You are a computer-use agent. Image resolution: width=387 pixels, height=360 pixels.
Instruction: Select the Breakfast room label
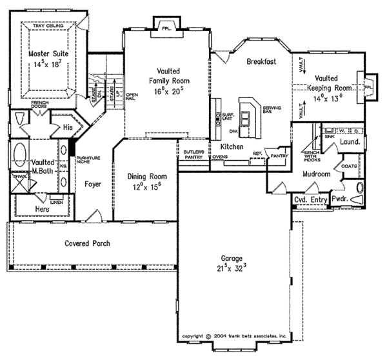[x=261, y=61]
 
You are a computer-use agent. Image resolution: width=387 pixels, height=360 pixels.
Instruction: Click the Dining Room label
[x=145, y=181]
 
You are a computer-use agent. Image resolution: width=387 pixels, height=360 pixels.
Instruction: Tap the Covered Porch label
[x=86, y=243]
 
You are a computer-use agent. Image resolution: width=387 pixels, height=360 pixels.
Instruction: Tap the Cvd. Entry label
[x=310, y=200]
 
